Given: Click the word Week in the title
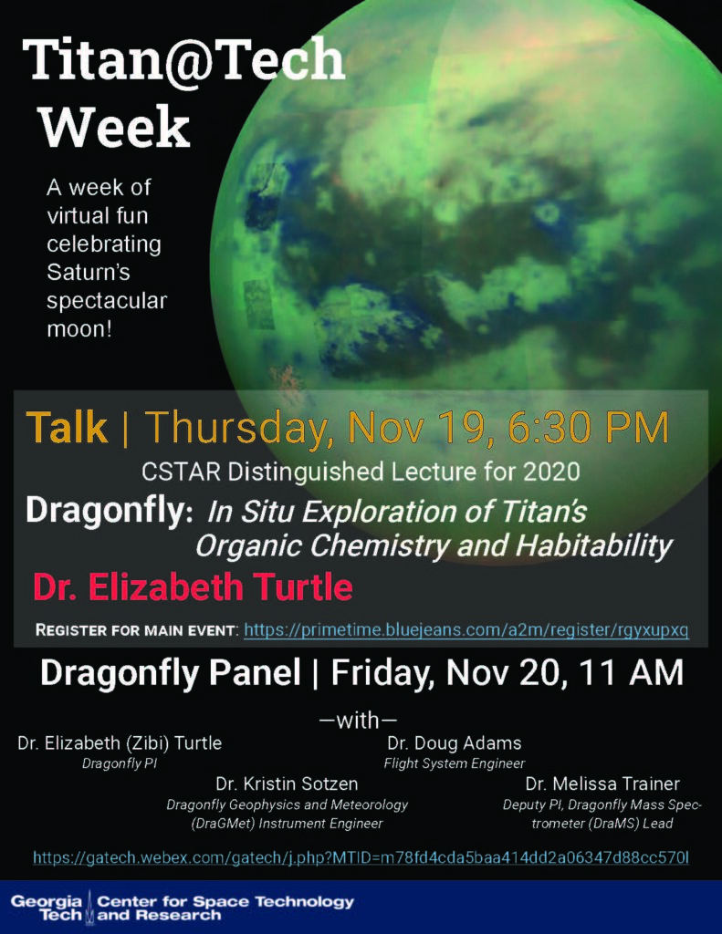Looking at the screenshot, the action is (114, 127).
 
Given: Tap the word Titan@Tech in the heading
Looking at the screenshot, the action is (184, 59).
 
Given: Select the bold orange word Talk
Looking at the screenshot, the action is (67, 427).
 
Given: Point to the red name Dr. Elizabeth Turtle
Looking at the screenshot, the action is (193, 586).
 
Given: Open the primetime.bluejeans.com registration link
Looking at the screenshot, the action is (466, 629).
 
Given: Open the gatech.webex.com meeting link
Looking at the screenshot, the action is (361, 857).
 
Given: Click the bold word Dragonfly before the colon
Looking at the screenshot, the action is (104, 511).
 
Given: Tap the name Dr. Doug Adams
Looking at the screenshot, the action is (455, 742).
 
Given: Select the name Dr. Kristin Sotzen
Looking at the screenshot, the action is (287, 784).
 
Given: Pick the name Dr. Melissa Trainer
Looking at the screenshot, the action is (602, 784).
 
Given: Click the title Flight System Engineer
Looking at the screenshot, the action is (455, 763).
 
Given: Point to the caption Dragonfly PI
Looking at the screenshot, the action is (120, 763).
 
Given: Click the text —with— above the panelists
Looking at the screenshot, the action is (358, 721).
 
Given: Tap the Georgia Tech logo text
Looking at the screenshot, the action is (47, 908).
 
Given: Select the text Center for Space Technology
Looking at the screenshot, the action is (225, 901).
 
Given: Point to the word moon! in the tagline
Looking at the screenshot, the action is (79, 328).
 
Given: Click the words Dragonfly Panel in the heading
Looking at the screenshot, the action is (171, 672).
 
